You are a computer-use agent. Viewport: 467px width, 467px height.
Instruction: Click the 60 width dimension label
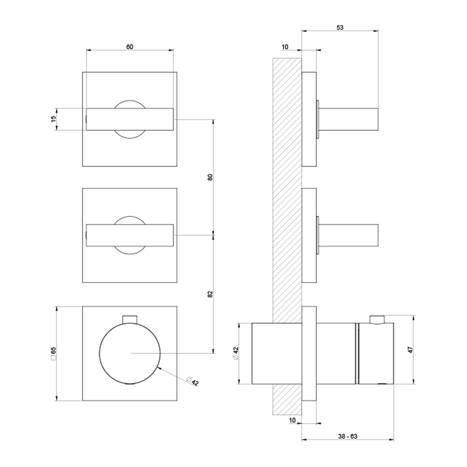tap(130, 47)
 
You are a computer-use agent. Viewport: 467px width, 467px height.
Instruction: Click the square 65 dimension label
tap(53, 353)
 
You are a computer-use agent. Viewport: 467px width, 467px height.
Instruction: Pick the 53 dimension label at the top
tap(340, 27)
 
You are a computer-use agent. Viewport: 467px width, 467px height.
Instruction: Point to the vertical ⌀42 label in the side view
tap(235, 353)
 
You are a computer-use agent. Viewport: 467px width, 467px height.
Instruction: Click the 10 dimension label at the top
tap(284, 47)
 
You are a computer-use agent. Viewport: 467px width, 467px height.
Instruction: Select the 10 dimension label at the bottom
tap(292, 420)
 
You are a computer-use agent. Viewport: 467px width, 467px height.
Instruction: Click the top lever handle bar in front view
tap(130, 119)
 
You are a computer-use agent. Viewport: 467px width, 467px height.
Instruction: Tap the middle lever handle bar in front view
tap(130, 235)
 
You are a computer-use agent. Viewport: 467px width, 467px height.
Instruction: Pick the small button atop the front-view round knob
tap(130, 319)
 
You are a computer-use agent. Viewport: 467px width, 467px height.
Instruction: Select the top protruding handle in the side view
tap(348, 119)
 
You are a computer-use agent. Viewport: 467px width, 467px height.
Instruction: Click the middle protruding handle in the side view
tap(348, 235)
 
